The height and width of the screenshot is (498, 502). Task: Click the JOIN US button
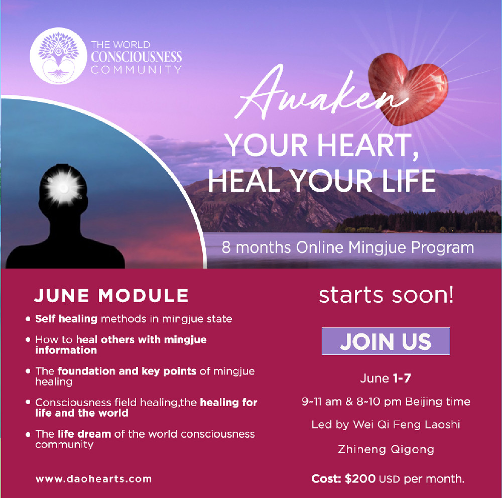point(386,341)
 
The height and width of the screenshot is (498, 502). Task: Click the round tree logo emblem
point(58,56)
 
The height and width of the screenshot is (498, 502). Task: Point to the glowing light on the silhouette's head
point(63,187)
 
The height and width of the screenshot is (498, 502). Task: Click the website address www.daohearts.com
point(93,479)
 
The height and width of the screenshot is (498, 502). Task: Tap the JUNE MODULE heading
point(111,295)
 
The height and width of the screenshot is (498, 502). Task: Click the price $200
point(360,479)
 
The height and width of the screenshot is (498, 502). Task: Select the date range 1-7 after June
point(402,379)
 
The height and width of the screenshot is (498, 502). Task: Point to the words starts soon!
point(386,295)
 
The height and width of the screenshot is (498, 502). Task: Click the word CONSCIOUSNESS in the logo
point(137,57)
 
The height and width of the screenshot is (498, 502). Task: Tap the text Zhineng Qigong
point(386,450)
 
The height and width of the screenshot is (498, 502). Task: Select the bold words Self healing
point(66,319)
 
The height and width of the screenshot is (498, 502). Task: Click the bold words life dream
point(84,434)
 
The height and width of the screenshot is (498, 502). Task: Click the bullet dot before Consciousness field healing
point(28,402)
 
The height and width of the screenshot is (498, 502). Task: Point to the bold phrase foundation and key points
point(127,371)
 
